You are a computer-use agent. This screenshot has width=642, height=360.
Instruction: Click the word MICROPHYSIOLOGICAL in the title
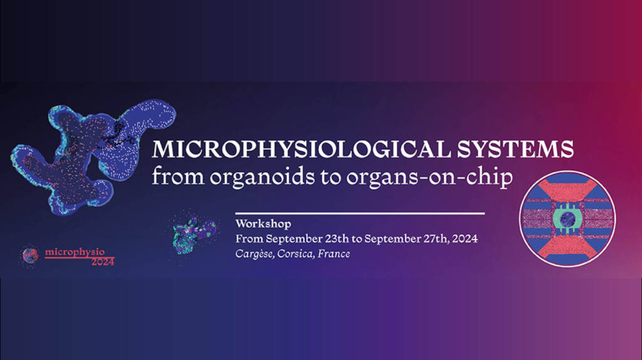pos(302,149)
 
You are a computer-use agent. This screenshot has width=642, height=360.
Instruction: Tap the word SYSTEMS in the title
pos(515,149)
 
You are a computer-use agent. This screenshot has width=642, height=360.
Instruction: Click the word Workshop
pos(263,224)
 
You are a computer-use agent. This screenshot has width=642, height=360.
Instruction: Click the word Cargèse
pos(255,254)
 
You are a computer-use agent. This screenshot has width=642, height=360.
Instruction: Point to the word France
pos(334,254)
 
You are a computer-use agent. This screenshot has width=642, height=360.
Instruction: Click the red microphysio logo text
pos(75,252)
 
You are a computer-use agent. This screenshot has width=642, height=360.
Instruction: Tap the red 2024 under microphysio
pos(103,262)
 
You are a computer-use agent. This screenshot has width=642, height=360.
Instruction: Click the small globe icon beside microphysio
pos(30,255)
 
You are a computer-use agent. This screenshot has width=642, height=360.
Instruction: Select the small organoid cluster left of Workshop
pos(193,235)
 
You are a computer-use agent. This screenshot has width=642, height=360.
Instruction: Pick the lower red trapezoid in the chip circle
pos(567,248)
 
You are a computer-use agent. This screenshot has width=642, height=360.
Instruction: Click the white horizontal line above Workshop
pos(360,213)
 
